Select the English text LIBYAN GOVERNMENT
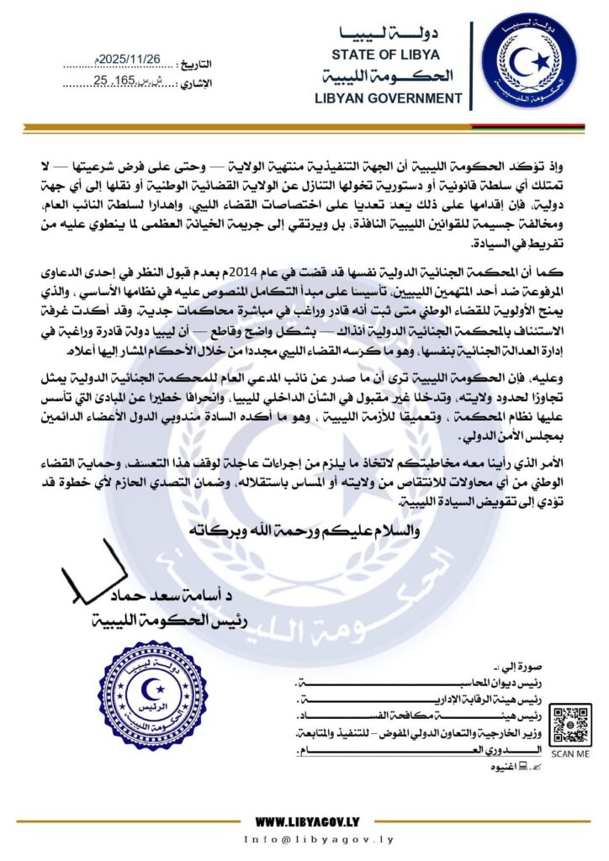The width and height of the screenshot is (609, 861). coord(388,98)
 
